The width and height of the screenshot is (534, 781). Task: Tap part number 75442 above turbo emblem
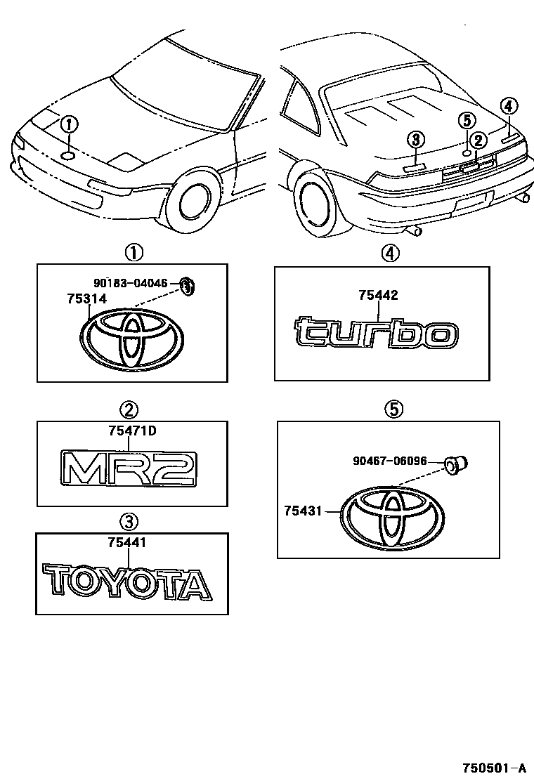(x=378, y=296)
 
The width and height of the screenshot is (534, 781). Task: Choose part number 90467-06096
(x=389, y=461)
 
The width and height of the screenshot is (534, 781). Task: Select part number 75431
(x=303, y=511)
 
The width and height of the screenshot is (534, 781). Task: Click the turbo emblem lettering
(x=376, y=333)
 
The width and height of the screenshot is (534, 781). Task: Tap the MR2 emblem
(x=129, y=467)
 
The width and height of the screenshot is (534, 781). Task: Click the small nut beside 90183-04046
(x=186, y=285)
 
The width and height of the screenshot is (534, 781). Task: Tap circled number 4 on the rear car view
(x=509, y=107)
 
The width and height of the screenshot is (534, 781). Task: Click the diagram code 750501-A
(x=493, y=768)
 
